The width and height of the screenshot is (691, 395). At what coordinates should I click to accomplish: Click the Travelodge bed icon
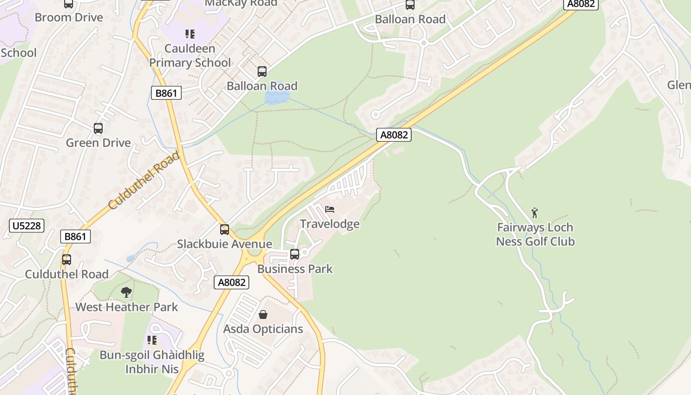point(330,209)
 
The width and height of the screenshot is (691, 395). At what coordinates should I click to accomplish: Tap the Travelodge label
point(330,224)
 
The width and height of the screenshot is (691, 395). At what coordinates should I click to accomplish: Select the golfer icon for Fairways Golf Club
point(535,213)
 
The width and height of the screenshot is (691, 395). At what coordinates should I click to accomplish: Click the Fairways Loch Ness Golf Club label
point(535,235)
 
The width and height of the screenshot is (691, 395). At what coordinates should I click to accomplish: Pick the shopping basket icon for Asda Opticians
point(263,315)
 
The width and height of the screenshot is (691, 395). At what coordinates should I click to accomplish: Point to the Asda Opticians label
point(263,329)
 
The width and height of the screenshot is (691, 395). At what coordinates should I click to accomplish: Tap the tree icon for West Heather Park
point(126,292)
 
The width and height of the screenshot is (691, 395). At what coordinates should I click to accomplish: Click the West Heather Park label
point(126,307)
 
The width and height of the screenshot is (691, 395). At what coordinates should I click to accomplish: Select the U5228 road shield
point(27,226)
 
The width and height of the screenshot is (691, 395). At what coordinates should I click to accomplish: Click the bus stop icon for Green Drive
point(98,128)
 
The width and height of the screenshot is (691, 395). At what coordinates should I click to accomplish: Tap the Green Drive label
point(98,143)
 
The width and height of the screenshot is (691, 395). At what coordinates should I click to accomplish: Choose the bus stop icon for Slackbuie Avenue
point(225,230)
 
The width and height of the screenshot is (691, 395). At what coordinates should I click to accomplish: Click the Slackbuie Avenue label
point(225,244)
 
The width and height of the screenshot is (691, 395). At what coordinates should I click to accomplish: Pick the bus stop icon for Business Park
point(295,254)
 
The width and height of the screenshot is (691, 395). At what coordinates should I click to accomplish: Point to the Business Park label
point(295,269)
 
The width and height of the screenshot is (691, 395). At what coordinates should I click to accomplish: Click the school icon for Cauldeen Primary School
point(190,34)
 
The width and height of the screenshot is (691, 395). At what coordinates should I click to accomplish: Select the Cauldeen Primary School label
point(190,56)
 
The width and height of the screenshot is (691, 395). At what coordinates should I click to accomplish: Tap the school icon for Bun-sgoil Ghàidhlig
point(152,340)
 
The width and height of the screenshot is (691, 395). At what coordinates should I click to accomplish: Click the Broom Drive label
point(69,18)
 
